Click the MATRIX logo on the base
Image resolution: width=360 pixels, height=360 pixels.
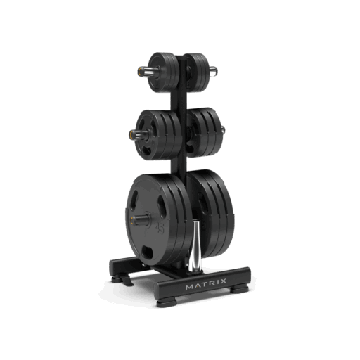coord(206,283)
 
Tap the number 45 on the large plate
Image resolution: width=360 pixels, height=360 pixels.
coord(160,228)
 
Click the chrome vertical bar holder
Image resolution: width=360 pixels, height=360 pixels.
coord(195,246)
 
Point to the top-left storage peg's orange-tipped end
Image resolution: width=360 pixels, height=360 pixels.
coord(140,72)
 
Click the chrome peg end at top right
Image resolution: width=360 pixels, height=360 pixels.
coord(213,72)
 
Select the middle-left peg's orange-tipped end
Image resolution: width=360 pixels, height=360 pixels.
coord(131,135)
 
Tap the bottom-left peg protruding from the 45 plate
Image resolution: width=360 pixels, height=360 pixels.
coord(141,220)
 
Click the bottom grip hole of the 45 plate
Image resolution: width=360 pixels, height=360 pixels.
coord(148,252)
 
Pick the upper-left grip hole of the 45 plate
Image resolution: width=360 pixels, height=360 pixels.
coord(134,200)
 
